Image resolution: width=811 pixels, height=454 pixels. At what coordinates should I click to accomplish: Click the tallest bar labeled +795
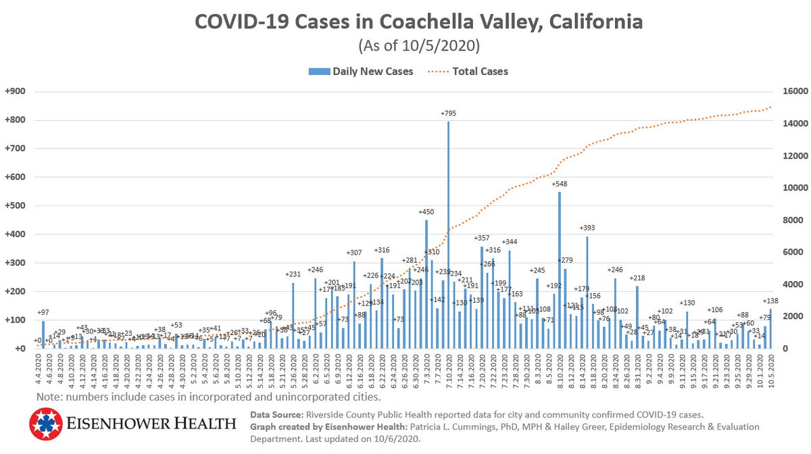[448, 236]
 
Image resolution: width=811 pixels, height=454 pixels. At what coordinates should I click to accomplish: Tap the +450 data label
[426, 212]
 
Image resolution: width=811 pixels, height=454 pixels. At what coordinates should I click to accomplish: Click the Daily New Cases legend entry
[361, 71]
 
